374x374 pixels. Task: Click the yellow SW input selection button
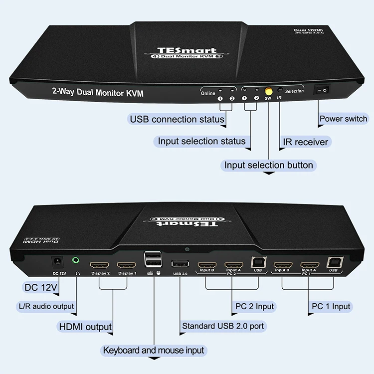click(268, 92)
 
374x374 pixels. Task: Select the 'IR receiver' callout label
click(305, 142)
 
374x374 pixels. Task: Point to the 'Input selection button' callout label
click(268, 165)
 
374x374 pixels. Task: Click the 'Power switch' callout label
click(343, 119)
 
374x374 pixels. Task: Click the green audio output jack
click(76, 260)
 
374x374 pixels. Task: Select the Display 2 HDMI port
click(100, 265)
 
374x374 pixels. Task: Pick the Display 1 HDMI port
click(127, 265)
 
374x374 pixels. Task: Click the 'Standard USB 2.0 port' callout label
click(223, 327)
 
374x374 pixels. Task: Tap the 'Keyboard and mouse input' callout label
click(153, 351)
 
